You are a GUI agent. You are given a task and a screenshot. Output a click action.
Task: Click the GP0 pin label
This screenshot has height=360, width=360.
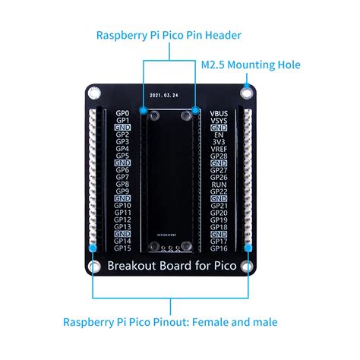122,113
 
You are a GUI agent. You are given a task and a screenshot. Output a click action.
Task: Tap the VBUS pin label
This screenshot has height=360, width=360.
219,113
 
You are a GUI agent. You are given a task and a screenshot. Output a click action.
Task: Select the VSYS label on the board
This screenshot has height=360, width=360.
219,120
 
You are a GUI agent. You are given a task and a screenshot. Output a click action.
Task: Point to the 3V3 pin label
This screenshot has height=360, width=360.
218,141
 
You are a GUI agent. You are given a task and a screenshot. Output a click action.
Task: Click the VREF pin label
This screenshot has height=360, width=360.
219,149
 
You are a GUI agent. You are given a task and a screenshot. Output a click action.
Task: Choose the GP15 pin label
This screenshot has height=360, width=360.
122,248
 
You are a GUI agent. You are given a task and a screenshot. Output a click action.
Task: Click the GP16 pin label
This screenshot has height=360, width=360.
219,248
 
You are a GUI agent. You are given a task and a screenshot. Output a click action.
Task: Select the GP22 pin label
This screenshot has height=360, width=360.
219,191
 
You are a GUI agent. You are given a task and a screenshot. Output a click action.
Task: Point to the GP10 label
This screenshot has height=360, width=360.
122,205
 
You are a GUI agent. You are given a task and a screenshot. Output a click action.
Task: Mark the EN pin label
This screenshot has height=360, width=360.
219,134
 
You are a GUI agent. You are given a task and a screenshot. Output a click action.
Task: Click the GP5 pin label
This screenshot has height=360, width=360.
122,156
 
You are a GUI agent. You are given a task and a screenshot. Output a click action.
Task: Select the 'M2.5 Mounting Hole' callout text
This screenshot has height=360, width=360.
250,65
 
